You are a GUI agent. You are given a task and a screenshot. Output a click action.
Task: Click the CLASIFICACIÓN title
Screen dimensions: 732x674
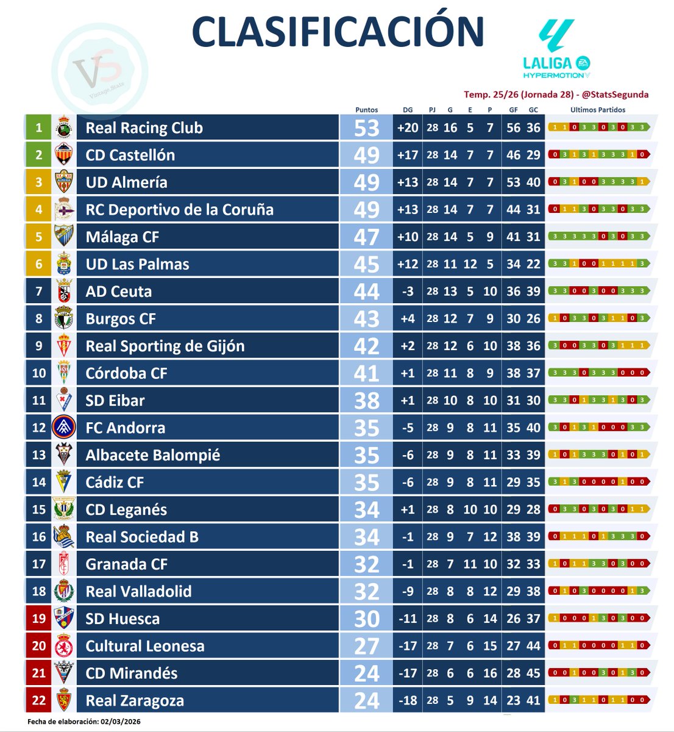338,31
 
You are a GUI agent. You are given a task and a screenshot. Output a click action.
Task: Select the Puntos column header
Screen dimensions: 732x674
366,110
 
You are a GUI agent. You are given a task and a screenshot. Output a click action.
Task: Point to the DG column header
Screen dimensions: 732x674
408,110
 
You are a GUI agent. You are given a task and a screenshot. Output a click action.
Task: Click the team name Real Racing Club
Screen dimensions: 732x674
144,128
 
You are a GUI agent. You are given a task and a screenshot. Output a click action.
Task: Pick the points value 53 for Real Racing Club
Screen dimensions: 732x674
366,128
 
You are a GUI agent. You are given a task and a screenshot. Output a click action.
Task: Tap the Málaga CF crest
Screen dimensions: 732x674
65,237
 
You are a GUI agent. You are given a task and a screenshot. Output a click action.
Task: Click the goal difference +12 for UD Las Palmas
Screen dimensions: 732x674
408,264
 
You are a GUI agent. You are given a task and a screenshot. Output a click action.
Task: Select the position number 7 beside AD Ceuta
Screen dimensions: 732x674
39,292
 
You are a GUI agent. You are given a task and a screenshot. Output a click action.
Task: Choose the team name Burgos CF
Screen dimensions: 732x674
121,319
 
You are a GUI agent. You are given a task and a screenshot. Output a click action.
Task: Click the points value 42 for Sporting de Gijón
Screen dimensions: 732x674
366,346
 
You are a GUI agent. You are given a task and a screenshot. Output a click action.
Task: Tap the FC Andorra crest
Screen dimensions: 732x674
65,428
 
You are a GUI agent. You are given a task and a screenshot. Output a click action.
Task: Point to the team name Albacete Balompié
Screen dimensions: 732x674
153,455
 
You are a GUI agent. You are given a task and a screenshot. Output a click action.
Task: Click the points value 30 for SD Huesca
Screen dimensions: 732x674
366,619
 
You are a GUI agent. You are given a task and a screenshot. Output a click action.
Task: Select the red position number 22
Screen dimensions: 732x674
39,701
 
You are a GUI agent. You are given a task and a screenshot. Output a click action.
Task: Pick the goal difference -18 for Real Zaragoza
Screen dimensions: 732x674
408,701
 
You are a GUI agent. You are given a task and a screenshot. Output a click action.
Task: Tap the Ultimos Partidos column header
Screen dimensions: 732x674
598,110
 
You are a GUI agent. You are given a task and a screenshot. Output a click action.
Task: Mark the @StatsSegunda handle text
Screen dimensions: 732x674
615,95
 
